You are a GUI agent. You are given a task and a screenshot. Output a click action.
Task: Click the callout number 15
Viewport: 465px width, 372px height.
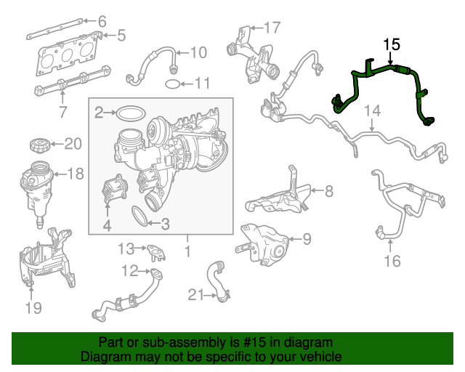[x=392, y=44]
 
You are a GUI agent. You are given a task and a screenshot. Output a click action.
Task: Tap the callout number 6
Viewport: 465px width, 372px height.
[x=102, y=21]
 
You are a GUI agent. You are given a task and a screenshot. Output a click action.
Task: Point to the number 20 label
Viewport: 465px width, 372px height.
[x=73, y=144]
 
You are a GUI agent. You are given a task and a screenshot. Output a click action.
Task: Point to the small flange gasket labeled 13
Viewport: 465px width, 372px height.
[x=155, y=250]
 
